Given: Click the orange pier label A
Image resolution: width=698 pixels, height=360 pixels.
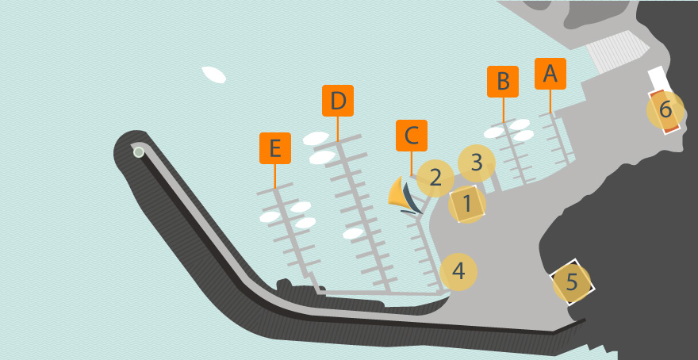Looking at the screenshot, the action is pyautogui.click(x=550, y=74).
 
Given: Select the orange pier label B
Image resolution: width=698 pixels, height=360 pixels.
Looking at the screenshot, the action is pyautogui.click(x=503, y=82).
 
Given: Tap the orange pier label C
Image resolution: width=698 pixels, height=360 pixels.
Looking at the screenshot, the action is pyautogui.click(x=412, y=136).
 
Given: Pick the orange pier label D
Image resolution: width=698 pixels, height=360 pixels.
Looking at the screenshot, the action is pyautogui.click(x=337, y=101).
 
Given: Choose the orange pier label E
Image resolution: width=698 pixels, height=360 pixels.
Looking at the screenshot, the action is pyautogui.click(x=275, y=148).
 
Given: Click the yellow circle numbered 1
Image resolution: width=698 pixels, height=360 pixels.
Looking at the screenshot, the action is pyautogui.click(x=467, y=205).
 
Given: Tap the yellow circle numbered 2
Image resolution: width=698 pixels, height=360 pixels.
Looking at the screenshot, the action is pyautogui.click(x=435, y=178).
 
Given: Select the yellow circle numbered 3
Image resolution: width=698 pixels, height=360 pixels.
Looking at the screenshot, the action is pyautogui.click(x=477, y=163).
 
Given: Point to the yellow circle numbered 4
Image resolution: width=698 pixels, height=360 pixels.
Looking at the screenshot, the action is pyautogui.click(x=458, y=271).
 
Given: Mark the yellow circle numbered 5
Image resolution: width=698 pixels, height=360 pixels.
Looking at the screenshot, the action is pyautogui.click(x=572, y=282).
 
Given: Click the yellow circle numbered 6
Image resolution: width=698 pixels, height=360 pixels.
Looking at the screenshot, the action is pyautogui.click(x=665, y=110).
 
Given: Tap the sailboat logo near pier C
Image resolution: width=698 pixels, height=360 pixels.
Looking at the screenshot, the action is pyautogui.click(x=405, y=196).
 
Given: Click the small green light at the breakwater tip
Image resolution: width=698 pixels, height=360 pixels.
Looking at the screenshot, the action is pyautogui.click(x=139, y=152).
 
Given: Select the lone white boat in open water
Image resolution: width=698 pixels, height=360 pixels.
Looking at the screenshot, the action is pyautogui.click(x=213, y=75).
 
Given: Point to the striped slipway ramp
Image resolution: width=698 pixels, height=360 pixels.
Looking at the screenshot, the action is pyautogui.click(x=617, y=52).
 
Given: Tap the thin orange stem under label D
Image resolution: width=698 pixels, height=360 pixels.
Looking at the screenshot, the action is pyautogui.click(x=337, y=129).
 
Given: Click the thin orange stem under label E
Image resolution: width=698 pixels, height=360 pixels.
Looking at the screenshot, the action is pyautogui.click(x=275, y=176).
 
